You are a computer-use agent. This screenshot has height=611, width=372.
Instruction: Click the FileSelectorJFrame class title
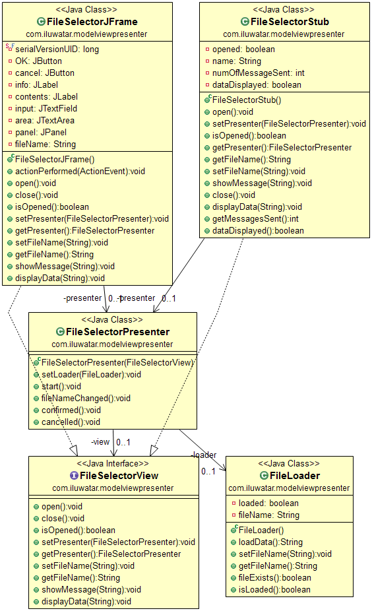(92, 22)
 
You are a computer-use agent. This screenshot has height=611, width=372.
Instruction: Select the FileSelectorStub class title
(290, 22)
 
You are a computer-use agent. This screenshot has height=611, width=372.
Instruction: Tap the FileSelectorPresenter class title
(117, 332)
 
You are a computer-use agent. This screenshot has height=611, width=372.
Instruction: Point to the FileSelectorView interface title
(119, 476)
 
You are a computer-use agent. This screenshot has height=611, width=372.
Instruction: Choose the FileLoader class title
(294, 476)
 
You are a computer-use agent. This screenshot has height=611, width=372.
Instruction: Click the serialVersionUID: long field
(57, 49)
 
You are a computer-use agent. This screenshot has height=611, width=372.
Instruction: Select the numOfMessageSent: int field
(259, 73)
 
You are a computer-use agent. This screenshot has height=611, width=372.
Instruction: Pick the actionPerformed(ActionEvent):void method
(80, 172)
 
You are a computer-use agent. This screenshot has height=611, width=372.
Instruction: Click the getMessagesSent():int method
(255, 219)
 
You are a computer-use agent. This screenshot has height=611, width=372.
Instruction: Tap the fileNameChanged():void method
(86, 399)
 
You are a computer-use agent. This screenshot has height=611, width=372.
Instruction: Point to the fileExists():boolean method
(274, 578)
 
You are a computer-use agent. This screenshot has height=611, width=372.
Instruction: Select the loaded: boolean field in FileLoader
(268, 503)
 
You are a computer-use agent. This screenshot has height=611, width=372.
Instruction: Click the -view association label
(100, 442)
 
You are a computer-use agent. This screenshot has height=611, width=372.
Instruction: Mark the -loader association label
(204, 455)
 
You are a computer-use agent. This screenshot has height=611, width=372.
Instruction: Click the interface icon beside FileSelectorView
(74, 476)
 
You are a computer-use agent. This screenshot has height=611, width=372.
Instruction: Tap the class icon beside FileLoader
(264, 476)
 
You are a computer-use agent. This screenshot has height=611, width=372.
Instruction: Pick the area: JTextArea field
(44, 120)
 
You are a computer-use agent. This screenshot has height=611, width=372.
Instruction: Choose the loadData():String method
(270, 542)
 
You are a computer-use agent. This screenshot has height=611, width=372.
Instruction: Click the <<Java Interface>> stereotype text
(113, 464)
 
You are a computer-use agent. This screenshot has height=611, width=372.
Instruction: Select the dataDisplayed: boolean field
(257, 85)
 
